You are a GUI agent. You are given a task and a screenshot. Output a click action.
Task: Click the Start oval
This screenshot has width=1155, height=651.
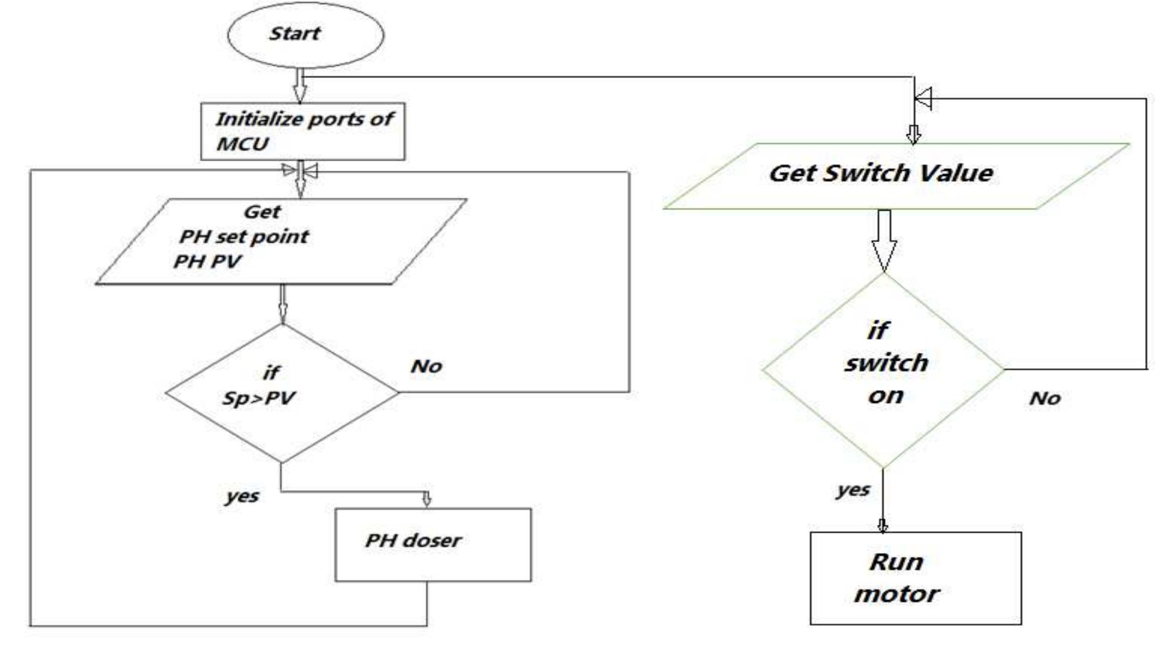pyautogui.click(x=305, y=35)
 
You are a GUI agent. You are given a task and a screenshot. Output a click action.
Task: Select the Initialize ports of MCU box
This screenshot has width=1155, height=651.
pyautogui.click(x=303, y=131)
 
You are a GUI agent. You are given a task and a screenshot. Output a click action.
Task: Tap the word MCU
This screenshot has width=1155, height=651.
pyautogui.click(x=242, y=144)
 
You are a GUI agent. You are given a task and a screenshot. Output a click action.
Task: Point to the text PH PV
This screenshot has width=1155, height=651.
pyautogui.click(x=207, y=262)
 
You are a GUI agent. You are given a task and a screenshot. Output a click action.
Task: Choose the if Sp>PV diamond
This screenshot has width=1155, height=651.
pyautogui.click(x=281, y=392)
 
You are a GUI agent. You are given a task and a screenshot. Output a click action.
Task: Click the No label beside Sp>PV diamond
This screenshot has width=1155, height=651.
pyautogui.click(x=426, y=367)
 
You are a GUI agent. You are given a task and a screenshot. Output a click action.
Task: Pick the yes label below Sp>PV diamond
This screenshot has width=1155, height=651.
pyautogui.click(x=242, y=496)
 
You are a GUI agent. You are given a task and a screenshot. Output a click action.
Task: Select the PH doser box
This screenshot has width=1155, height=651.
pyautogui.click(x=433, y=545)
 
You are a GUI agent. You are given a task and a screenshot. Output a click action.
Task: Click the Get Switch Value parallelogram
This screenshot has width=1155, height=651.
pyautogui.click(x=896, y=175)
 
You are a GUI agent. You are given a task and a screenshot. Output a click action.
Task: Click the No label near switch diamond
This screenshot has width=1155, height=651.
pyautogui.click(x=1045, y=399)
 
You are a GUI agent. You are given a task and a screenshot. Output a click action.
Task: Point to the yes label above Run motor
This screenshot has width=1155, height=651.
pyautogui.click(x=853, y=490)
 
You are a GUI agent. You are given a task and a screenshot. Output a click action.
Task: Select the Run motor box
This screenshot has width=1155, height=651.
pyautogui.click(x=915, y=578)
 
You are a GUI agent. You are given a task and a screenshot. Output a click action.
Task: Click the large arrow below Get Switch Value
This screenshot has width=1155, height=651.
pyautogui.click(x=884, y=240)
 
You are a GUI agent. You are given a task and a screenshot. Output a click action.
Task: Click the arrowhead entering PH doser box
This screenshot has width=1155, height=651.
pyautogui.click(x=427, y=499)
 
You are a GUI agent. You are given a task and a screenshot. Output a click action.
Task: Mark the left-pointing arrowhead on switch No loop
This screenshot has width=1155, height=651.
pyautogui.click(x=923, y=99)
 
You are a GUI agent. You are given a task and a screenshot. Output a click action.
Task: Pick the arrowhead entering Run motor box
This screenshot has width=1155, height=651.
pyautogui.click(x=882, y=525)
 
